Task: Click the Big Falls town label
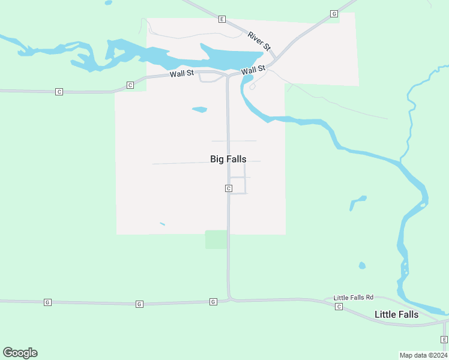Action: pos(228,159)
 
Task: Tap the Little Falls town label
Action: pos(396,314)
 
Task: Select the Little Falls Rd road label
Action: pos(354,298)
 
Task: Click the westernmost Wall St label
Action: pos(181,74)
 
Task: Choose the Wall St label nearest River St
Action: pos(253,70)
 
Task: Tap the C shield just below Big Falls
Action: pos(229,188)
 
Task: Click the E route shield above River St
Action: pos(221,19)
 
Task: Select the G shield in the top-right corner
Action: pos(334,14)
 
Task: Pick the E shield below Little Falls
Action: pos(445,340)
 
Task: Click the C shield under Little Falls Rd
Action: pos(339,307)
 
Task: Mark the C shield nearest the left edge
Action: pos(59,92)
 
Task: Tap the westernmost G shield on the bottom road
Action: pos(47,302)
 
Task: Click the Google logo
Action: pos(20,353)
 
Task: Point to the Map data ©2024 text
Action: pos(423,355)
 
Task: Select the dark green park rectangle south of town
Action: pos(216,239)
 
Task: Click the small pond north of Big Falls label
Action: pos(199,110)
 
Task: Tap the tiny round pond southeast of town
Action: pos(362,265)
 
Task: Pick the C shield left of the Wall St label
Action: pos(130,86)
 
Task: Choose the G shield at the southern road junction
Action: pos(213,302)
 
